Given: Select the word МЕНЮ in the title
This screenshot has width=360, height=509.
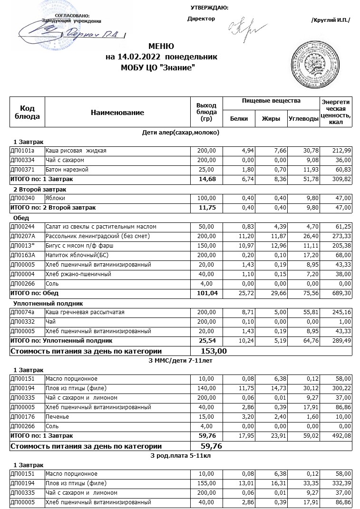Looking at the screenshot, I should (161, 47).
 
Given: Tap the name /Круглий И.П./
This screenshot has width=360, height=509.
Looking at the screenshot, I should (330, 20).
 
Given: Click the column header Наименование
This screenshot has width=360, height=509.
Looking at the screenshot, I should (117, 113).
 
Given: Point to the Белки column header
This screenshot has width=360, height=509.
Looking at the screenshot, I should (239, 119).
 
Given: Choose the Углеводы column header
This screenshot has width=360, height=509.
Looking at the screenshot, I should (303, 119).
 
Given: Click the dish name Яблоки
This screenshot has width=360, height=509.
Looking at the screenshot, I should (55, 198).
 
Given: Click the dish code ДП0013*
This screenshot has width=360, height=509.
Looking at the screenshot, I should (22, 246).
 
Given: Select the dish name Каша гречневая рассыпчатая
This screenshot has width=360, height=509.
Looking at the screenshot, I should (85, 312).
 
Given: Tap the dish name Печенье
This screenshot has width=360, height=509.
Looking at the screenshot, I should (57, 417).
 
